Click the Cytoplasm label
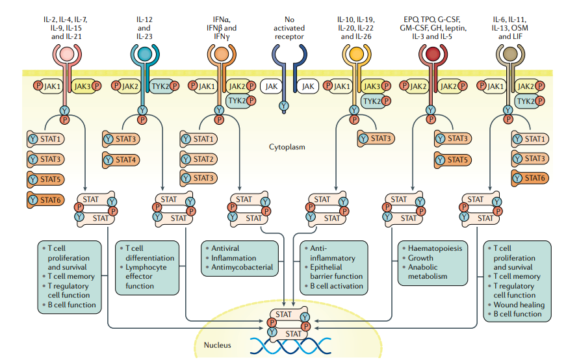click(287, 147)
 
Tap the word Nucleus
click(218, 345)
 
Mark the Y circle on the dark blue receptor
click(284, 106)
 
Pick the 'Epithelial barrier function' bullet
click(336, 272)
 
